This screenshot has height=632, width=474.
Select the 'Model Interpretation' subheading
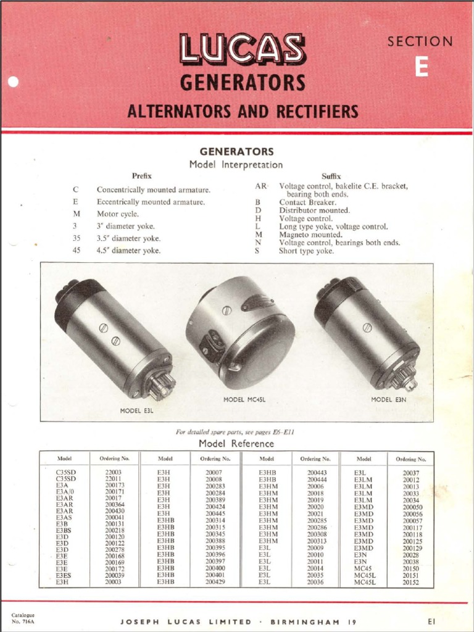(x=236, y=165)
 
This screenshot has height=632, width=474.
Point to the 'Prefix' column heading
(x=141, y=176)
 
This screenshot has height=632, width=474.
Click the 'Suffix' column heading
(x=331, y=176)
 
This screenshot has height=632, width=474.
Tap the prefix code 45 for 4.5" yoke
(x=77, y=251)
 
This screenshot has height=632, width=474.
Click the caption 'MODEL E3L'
(x=137, y=410)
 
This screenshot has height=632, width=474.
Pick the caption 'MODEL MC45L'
(x=244, y=399)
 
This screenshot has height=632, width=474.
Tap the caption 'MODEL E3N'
(x=389, y=399)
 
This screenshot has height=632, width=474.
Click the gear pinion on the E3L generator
(x=162, y=385)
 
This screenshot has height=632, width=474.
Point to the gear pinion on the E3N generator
(x=404, y=377)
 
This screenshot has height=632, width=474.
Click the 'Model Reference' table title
(x=236, y=444)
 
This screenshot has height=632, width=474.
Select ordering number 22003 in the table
(x=114, y=472)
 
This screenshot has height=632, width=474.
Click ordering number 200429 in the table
(x=215, y=581)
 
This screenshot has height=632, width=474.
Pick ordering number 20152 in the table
(x=410, y=581)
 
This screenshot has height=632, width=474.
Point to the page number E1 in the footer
(x=431, y=621)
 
